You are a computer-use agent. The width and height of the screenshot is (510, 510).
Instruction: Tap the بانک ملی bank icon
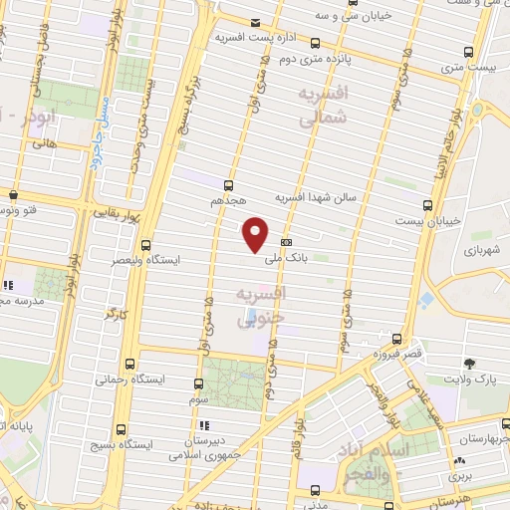coord(286,242)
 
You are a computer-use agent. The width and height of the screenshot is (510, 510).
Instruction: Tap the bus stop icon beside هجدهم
coord(229,185)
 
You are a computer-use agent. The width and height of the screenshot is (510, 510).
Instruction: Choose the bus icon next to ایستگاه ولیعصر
coord(146,245)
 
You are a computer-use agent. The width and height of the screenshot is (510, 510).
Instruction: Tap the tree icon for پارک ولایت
coord(469,364)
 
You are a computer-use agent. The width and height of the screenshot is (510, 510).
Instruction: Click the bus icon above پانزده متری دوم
coord(315,43)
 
